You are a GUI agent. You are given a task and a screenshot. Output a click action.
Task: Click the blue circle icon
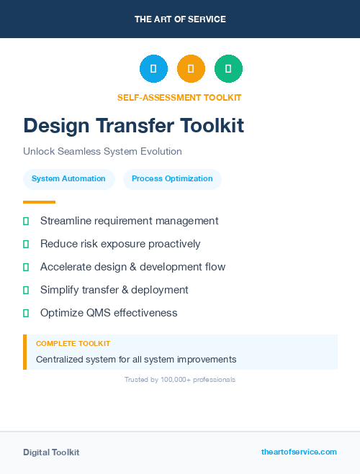click(x=153, y=68)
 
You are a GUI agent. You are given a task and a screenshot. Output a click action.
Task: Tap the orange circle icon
click(x=191, y=68)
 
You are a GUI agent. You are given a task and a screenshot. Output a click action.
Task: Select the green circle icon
click(x=228, y=68)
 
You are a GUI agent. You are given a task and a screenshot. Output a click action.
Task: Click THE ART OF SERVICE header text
click(x=180, y=19)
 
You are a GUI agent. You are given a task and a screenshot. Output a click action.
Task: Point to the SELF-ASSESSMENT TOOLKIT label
click(x=179, y=98)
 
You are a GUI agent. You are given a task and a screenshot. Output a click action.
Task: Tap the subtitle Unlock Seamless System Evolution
click(x=102, y=152)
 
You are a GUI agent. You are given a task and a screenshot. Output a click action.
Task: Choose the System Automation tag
click(x=68, y=179)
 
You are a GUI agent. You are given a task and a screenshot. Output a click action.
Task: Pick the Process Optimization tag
click(x=172, y=179)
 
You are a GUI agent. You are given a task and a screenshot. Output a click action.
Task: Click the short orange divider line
click(x=39, y=202)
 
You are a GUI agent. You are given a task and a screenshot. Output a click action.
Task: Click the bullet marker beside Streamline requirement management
click(x=26, y=221)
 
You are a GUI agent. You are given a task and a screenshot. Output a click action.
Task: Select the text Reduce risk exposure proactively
click(x=120, y=244)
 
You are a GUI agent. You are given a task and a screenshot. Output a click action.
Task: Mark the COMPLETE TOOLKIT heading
click(x=73, y=344)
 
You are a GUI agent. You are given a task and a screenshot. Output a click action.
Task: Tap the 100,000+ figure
click(x=173, y=379)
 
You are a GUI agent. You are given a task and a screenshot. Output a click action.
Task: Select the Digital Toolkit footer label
click(x=51, y=452)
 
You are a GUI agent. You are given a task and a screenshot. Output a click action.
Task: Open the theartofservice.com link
click(x=299, y=452)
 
